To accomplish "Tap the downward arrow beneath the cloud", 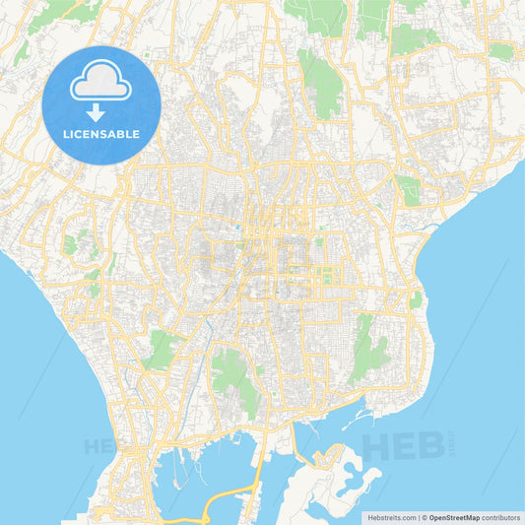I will point(101,112).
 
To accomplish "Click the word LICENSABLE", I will point(101,134).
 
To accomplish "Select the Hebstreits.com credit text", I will point(393,517).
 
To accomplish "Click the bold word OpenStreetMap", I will point(454,517).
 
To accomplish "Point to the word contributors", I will point(501,517).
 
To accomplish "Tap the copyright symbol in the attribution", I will point(425,517).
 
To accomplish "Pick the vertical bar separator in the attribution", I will point(419,517).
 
